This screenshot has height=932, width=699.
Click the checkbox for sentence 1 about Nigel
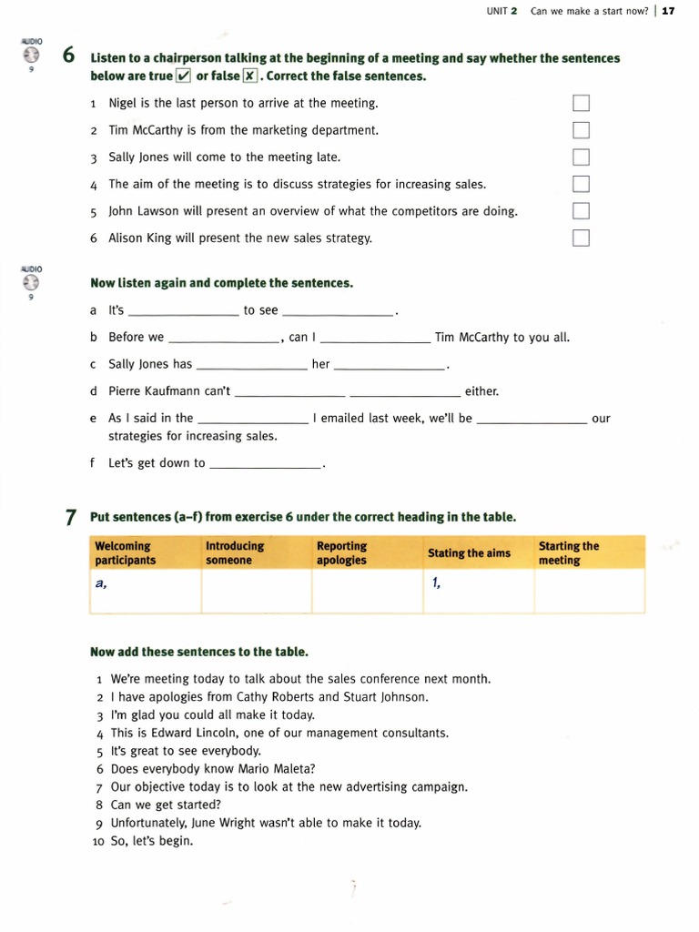(581, 103)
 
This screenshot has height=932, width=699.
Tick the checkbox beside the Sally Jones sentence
(581, 157)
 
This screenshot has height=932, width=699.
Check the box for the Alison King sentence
(581, 238)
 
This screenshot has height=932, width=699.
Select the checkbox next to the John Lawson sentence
(581, 211)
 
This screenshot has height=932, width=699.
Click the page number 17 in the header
(668, 11)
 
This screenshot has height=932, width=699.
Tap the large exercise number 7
(70, 517)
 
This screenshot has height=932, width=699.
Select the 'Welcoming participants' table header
(126, 553)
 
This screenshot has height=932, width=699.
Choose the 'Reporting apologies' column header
(342, 553)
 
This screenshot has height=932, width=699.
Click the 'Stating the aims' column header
(469, 553)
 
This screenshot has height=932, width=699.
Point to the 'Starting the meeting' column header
(569, 553)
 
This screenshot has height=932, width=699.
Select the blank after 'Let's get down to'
(265, 463)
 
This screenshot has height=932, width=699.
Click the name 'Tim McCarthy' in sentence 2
(146, 130)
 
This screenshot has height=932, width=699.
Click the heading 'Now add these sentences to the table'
(199, 652)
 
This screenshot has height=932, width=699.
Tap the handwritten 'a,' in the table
(101, 584)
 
